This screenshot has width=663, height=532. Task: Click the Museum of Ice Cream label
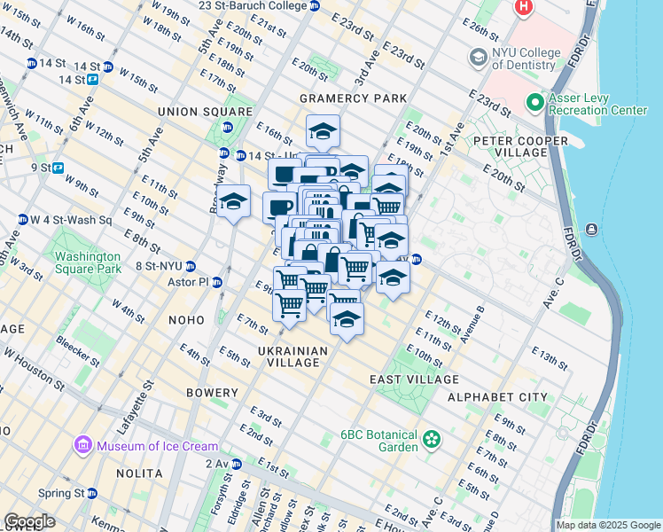pos(156,446)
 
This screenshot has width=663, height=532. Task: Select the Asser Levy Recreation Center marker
pos(534,103)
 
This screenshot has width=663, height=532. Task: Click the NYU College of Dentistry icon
pos(479,59)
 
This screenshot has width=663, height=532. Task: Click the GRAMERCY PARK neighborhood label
pos(353,98)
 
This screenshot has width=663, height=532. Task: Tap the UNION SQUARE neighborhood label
pos(205,112)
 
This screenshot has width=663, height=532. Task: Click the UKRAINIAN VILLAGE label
pos(292,356)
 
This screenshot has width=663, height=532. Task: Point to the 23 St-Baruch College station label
pos(253,5)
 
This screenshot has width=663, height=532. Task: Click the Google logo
pos(30,521)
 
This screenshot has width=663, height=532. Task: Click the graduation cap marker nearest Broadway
pos(234,202)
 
